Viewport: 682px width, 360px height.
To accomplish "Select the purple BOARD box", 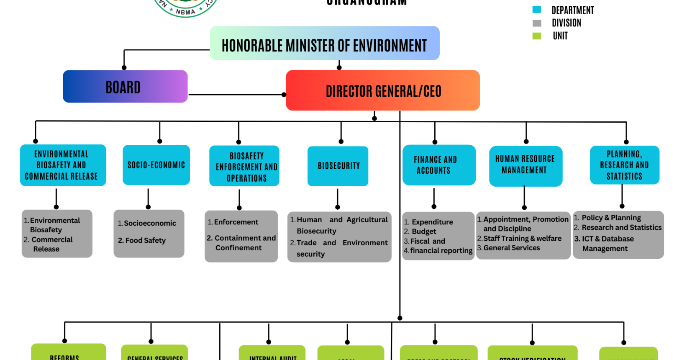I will tap(125, 87).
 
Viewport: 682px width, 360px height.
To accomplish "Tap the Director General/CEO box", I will tap(382, 90).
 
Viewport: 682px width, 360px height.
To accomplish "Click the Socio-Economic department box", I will tap(156, 165).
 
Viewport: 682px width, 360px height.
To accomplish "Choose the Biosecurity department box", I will tap(338, 166).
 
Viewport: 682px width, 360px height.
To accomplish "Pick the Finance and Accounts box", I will tap(439, 165).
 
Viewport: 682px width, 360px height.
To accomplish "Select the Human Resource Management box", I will tap(526, 165).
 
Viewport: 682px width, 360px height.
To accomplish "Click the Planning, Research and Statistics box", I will tap(624, 165).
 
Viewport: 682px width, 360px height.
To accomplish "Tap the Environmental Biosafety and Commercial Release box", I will tap(63, 165).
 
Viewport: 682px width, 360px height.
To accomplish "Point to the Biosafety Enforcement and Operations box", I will tap(244, 166).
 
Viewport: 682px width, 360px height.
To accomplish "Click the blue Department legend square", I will tap(537, 10).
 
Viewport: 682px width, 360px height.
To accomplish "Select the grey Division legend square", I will tap(537, 23).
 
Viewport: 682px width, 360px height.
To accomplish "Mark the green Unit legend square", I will tap(537, 36).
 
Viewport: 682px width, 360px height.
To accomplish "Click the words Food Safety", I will tap(145, 241).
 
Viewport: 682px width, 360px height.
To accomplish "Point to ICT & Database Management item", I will tap(608, 244).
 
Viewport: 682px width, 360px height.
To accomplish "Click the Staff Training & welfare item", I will tap(522, 239).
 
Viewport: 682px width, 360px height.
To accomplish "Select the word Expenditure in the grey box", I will tap(432, 222).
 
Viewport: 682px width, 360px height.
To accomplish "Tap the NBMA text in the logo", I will tap(185, 12).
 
